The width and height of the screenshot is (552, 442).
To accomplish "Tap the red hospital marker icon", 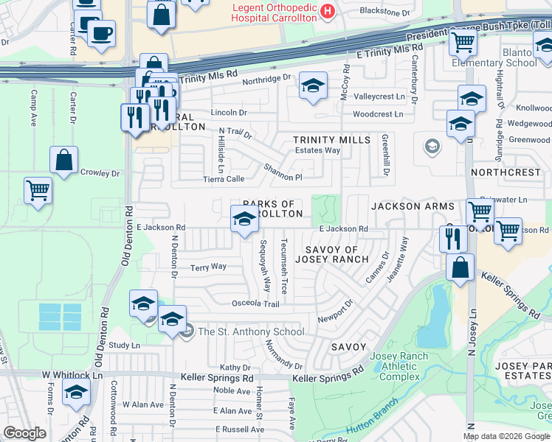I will pos(328,12).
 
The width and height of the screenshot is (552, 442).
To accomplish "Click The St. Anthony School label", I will pos(251,331).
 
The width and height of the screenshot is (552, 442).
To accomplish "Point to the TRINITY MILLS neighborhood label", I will pos(331,140).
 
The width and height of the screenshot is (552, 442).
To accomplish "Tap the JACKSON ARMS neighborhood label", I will pos(413,207).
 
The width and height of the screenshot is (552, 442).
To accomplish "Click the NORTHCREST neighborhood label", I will pos(506,172).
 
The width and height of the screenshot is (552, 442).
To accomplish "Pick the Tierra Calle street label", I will pos(224,179).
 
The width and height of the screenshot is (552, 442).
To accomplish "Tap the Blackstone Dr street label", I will pos(384,12).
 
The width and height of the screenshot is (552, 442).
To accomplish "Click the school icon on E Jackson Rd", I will pos(244,218).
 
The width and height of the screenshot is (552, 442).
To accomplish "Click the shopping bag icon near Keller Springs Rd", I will pos(460,268).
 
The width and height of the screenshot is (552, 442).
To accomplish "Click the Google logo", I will pos(24,433).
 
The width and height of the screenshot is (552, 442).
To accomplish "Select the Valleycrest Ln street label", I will pos(379,97).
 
